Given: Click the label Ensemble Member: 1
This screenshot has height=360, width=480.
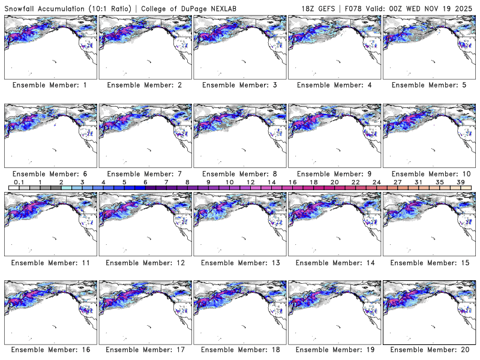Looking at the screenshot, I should tap(49, 85).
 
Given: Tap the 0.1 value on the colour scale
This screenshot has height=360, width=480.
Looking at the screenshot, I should tap(19, 182).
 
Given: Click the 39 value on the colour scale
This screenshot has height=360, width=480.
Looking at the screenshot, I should tap(460, 182).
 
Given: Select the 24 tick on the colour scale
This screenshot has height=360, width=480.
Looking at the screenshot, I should tap(376, 182).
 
